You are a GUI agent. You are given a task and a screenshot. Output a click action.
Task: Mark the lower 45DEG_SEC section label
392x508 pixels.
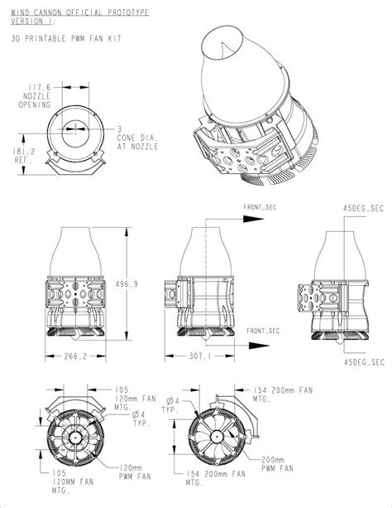[x=365, y=361]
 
